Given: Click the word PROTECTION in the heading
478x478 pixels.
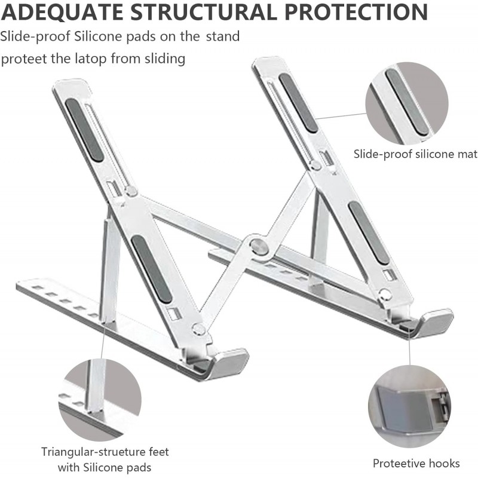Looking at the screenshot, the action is [x=356, y=12].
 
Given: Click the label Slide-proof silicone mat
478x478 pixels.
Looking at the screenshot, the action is [x=415, y=154].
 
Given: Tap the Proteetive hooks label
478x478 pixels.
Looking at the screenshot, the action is [x=416, y=464].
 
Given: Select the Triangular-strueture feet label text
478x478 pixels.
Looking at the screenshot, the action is [x=105, y=452].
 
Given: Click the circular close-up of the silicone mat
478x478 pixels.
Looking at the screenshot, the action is [x=407, y=103].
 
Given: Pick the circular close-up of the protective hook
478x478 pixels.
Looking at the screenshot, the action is [x=409, y=407].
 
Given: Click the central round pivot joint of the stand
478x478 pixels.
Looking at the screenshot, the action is [x=259, y=246].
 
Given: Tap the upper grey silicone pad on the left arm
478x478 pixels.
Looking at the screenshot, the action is [x=84, y=130].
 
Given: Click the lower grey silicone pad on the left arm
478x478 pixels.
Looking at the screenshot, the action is [x=152, y=269].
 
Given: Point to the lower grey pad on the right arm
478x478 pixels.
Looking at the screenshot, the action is [x=369, y=232].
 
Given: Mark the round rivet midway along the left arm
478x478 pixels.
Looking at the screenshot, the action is [x=131, y=191].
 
